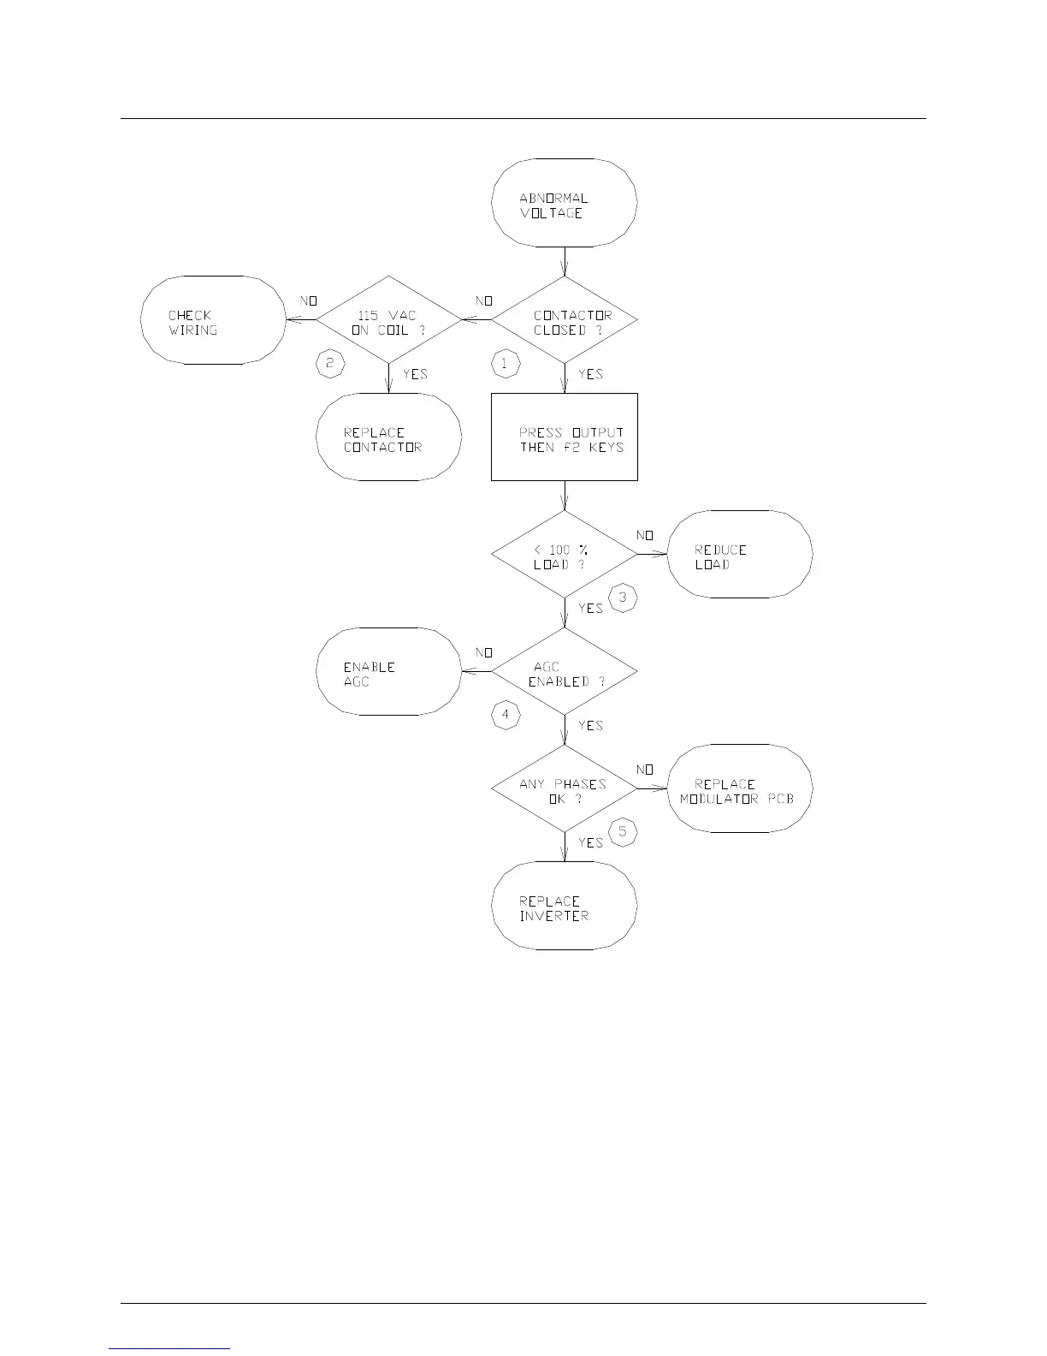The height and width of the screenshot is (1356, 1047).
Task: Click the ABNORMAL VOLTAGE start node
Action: click(564, 204)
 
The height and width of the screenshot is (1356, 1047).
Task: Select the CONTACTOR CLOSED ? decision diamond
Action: click(564, 321)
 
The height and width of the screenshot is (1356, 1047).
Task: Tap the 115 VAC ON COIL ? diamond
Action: click(388, 321)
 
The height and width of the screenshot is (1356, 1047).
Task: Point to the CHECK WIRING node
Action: click(213, 321)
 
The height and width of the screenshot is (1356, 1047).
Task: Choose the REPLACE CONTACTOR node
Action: click(388, 438)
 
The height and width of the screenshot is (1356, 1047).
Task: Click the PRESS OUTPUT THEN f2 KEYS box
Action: click(564, 437)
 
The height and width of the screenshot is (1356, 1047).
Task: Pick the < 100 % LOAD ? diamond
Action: click(564, 556)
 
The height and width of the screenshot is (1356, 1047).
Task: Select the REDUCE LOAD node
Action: click(739, 556)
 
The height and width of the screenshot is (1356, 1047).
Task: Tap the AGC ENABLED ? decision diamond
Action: click(564, 673)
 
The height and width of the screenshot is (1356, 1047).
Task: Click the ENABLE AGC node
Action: click(388, 673)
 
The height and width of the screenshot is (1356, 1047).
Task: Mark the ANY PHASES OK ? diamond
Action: click(564, 790)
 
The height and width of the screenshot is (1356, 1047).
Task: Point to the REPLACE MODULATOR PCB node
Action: click(739, 790)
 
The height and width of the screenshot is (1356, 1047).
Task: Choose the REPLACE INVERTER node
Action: click(564, 907)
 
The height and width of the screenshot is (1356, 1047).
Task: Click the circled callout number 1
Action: click(505, 364)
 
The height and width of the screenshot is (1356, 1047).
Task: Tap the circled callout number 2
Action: click(330, 364)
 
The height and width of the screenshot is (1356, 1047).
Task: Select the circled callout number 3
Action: click(622, 598)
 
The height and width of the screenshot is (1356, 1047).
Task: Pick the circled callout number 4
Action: click(505, 715)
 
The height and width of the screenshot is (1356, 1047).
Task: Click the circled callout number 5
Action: click(622, 831)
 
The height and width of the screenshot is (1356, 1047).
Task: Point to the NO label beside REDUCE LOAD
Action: click(645, 536)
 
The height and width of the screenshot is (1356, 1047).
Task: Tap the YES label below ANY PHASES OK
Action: click(590, 843)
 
